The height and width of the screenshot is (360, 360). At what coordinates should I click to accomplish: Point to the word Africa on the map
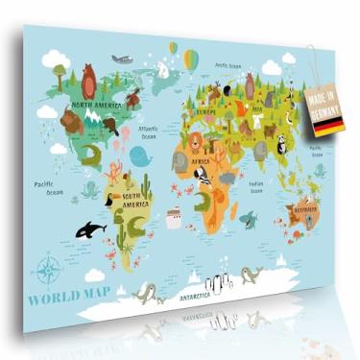[x=199, y=162]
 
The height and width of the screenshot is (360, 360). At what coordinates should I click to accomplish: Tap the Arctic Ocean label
[x=228, y=66]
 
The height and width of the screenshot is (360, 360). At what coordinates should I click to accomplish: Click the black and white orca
[x=89, y=229]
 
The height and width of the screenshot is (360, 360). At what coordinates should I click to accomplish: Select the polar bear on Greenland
[x=163, y=69]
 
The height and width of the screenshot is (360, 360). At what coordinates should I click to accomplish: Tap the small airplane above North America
[x=122, y=60]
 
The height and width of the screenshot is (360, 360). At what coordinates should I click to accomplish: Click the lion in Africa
[x=194, y=143]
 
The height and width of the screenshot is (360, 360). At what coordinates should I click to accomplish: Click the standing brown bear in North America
[x=88, y=79]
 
